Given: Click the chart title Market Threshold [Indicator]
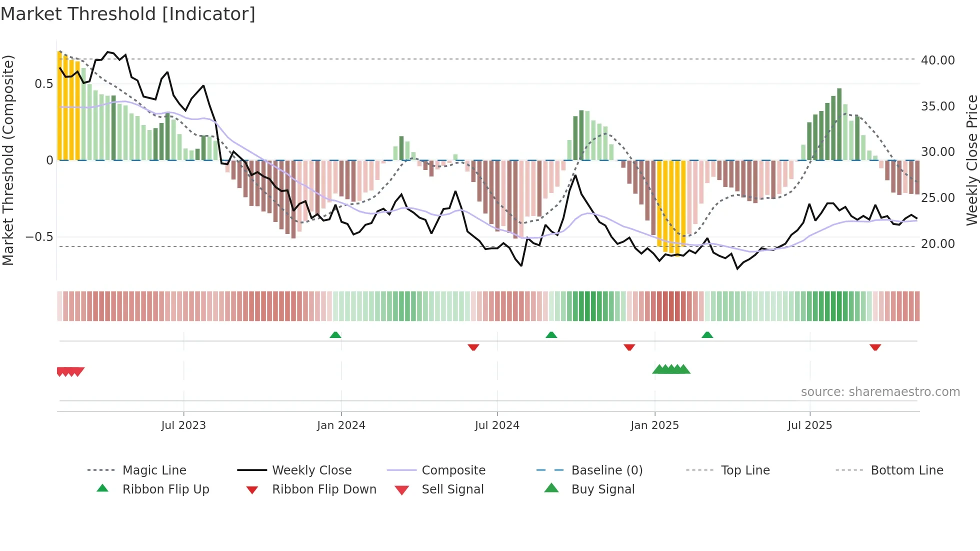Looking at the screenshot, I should point(128,14).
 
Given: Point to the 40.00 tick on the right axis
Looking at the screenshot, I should point(937,60).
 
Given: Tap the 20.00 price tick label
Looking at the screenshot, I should point(937,244).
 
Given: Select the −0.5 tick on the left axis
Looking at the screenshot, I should point(39,237).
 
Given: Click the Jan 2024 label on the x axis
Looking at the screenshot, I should point(341,425).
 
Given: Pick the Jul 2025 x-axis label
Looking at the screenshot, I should point(809,425).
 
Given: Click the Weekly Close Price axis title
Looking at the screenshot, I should point(971,160).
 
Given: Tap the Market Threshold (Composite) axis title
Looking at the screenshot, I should point(8,160).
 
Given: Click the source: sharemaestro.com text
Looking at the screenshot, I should point(880,392).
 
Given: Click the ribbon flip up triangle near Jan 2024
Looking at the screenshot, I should point(335,335).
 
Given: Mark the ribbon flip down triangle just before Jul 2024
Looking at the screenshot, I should point(473,347).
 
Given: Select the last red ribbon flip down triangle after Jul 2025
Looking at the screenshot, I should point(875,347).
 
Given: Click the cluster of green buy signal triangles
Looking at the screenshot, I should point(671,369).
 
